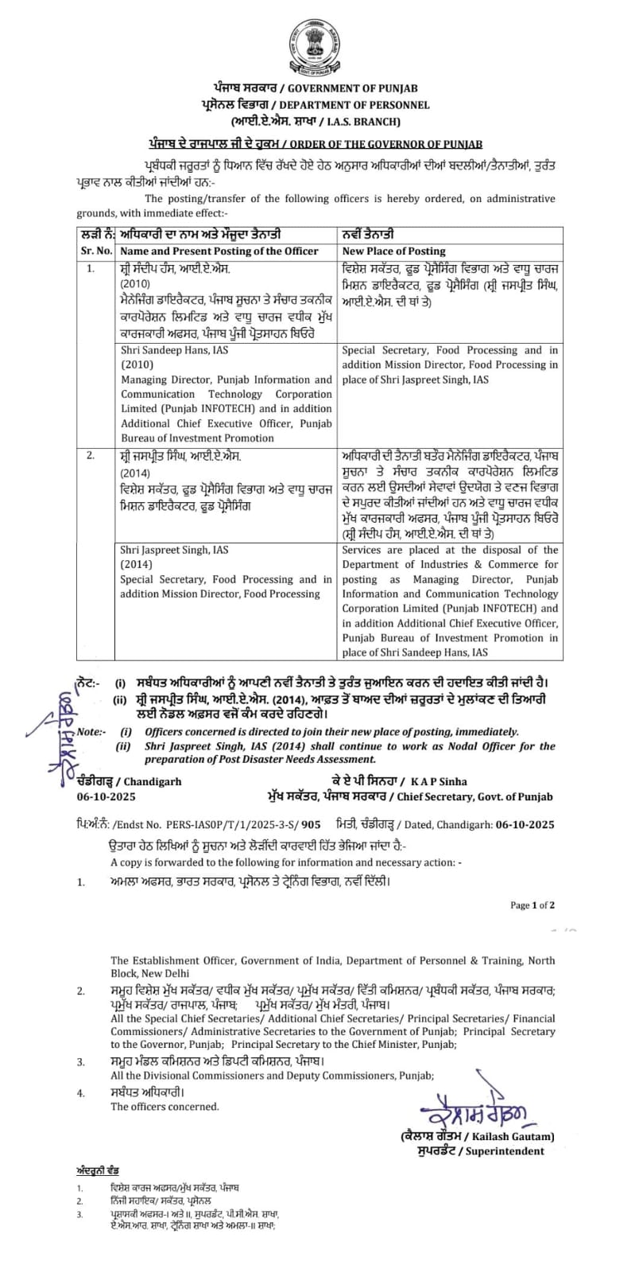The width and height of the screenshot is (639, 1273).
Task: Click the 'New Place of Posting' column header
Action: click(393, 251)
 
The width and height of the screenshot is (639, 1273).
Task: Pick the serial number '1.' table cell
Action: click(90, 270)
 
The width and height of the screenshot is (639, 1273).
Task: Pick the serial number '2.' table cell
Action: click(90, 455)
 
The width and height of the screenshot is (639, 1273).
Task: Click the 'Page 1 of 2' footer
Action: click(532, 905)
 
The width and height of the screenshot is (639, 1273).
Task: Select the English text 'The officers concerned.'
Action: click(165, 1106)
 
